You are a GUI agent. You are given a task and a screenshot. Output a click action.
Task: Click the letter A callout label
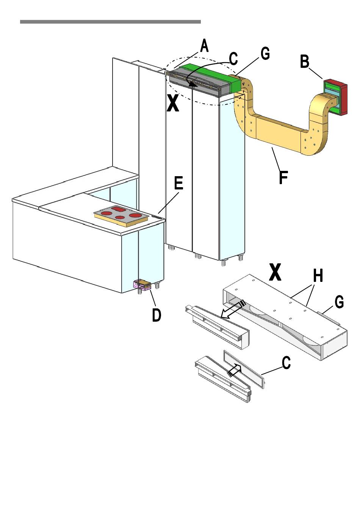coord(204,45)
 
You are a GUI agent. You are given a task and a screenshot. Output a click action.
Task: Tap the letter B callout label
coord(305,61)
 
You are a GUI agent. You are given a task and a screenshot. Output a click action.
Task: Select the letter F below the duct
coord(283,177)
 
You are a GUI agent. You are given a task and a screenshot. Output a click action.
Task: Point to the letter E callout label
coord(179,183)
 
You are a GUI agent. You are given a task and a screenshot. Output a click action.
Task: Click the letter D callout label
coord(157,314)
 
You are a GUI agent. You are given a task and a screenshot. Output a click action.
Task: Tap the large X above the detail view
coord(275,272)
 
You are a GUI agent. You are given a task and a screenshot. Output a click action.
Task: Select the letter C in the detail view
coord(286,363)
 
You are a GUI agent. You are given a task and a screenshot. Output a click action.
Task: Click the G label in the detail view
coord(339,302)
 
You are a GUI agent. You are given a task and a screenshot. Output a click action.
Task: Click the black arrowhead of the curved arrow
coord(193,84)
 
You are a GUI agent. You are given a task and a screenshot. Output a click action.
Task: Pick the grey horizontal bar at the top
coord(110,22)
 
